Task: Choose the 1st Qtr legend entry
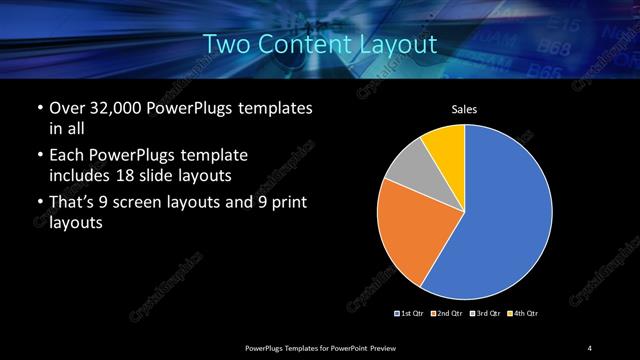click(410, 315)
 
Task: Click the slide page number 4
click(590, 347)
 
